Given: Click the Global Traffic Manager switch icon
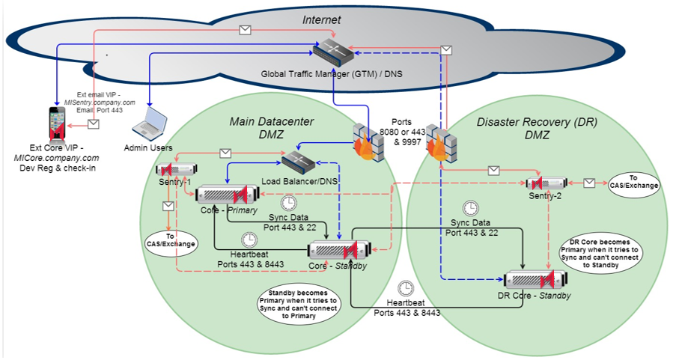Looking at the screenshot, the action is pyautogui.click(x=333, y=52).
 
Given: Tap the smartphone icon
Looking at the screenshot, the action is pyautogui.click(x=58, y=124).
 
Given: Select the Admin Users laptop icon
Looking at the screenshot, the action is pyautogui.click(x=150, y=124).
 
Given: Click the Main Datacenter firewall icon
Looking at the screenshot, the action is pyautogui.click(x=368, y=143).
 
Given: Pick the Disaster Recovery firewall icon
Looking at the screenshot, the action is pyautogui.click(x=441, y=144).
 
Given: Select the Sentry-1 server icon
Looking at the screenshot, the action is pyautogui.click(x=177, y=169).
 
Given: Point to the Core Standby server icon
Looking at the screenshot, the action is pyautogui.click(x=340, y=250).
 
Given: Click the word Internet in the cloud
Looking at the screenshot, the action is pyautogui.click(x=322, y=19).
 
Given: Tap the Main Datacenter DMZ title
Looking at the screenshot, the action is pyautogui.click(x=272, y=128).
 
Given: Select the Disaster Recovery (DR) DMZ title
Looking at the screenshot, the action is pyautogui.click(x=538, y=129).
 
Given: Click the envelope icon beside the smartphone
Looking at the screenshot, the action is pyautogui.click(x=94, y=124).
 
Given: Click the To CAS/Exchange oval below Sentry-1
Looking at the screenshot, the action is pyautogui.click(x=171, y=243).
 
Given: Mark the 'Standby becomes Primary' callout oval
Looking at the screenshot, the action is pyautogui.click(x=299, y=305).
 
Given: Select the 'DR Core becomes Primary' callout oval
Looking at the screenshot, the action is pyautogui.click(x=600, y=254).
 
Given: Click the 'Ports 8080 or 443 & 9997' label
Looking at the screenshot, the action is pyautogui.click(x=402, y=132).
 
